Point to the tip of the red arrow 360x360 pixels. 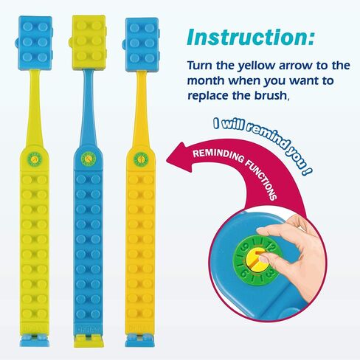(x=167, y=160)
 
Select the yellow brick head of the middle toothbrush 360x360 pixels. (x=88, y=42)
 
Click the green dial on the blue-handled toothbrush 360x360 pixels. (x=88, y=159)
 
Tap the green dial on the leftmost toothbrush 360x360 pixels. (x=35, y=158)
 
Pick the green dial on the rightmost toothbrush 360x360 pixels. (x=141, y=159)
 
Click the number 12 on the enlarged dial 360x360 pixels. (x=271, y=248)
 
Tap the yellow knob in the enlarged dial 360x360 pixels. (x=255, y=262)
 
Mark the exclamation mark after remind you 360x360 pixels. (x=307, y=170)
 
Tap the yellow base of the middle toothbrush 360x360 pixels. (x=88, y=341)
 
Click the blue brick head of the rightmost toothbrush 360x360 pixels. (x=142, y=45)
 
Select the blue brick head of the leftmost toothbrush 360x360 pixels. (x=35, y=43)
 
